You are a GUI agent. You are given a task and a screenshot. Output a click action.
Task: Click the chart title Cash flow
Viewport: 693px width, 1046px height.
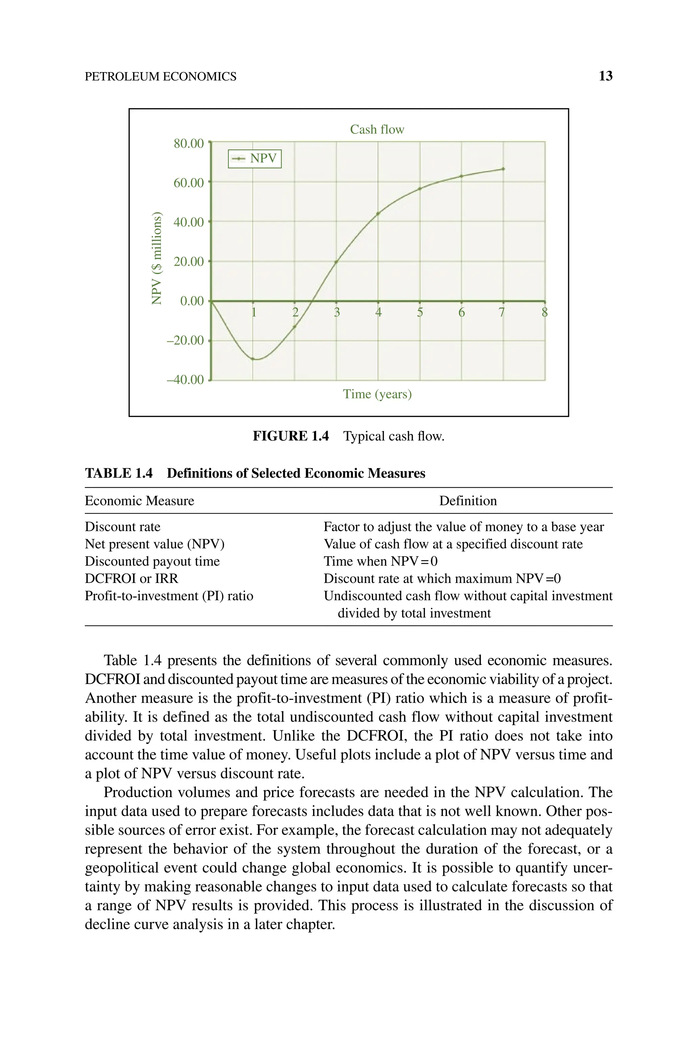pos(377,130)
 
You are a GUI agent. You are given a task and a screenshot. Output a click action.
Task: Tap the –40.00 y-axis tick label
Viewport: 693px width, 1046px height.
pos(185,380)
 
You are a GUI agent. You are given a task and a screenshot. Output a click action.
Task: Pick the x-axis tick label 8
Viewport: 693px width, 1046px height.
pos(544,313)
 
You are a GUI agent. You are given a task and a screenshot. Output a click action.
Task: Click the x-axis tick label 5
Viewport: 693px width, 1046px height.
pos(420,313)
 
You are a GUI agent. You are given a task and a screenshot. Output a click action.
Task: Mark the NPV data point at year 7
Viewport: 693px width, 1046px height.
pos(503,169)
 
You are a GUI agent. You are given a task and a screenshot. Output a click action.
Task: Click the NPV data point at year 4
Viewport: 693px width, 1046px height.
pos(378,214)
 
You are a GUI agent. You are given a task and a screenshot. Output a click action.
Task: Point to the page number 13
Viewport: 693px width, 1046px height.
pos(605,76)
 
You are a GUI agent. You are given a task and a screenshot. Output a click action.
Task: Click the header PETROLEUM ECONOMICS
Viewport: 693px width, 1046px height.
pos(160,76)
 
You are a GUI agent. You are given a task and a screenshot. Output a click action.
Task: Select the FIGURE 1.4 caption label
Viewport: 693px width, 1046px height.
pos(290,436)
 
